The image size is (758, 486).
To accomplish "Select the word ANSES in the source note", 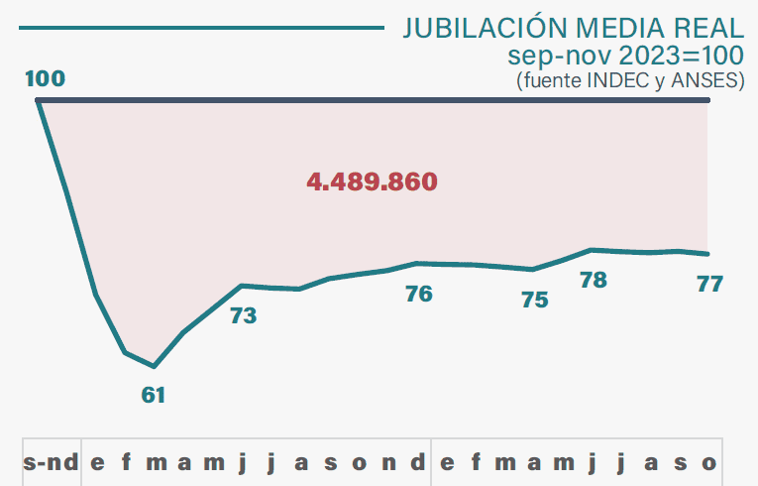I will pos(704,81).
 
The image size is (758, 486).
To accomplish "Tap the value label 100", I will pos(45,78).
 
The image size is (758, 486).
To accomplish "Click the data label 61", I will pos(153,395).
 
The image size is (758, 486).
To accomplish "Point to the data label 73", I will pos(243,316).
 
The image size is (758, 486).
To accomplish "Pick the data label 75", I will pos(534,300).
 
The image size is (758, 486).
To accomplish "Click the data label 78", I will pos(593,280).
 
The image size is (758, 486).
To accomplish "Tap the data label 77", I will pos(709,284).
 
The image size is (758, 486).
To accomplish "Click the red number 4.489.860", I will pos(373,182).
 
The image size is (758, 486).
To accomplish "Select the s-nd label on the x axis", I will pos(51,462).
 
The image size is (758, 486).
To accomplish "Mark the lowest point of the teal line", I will pos(154,366).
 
